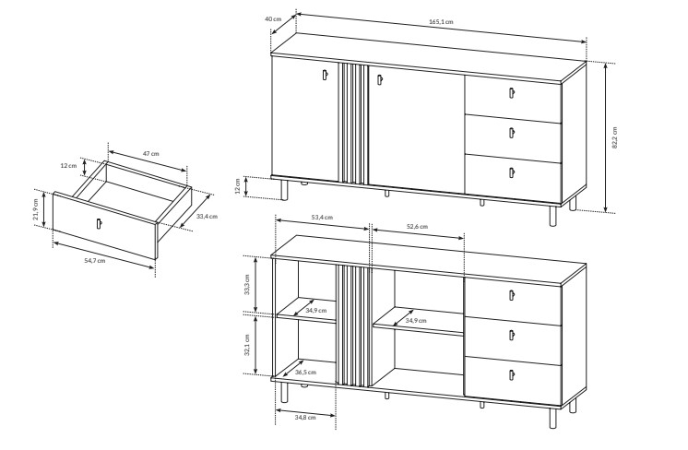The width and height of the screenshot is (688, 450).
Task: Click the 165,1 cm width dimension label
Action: [x=441, y=21]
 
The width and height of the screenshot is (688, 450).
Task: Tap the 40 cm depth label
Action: [x=273, y=18]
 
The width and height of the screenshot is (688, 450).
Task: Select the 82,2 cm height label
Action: [x=614, y=137]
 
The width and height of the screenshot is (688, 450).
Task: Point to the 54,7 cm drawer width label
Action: [x=95, y=261]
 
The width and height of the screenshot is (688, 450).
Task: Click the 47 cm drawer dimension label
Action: [x=151, y=153]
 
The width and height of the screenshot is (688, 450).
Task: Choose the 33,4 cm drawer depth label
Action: [x=207, y=216]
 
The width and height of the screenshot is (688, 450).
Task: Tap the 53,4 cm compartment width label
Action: [x=322, y=217]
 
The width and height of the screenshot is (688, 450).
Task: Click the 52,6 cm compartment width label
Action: [x=417, y=227]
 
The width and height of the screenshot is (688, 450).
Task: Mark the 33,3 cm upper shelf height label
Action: [x=247, y=284]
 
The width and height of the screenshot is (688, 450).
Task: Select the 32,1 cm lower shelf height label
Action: [x=247, y=345]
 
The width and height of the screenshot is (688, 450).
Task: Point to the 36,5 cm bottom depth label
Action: [x=305, y=372]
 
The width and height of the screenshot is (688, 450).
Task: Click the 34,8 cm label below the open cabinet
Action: [x=305, y=417]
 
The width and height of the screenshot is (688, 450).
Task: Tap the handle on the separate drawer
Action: [x=99, y=223]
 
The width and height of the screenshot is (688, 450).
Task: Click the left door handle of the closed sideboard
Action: [x=325, y=75]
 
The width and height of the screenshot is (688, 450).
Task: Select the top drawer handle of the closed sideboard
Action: [x=511, y=92]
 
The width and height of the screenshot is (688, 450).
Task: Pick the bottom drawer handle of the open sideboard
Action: [x=511, y=375]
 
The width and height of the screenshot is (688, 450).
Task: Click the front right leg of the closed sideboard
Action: [x=552, y=216]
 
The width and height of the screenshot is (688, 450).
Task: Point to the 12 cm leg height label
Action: [x=238, y=186]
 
